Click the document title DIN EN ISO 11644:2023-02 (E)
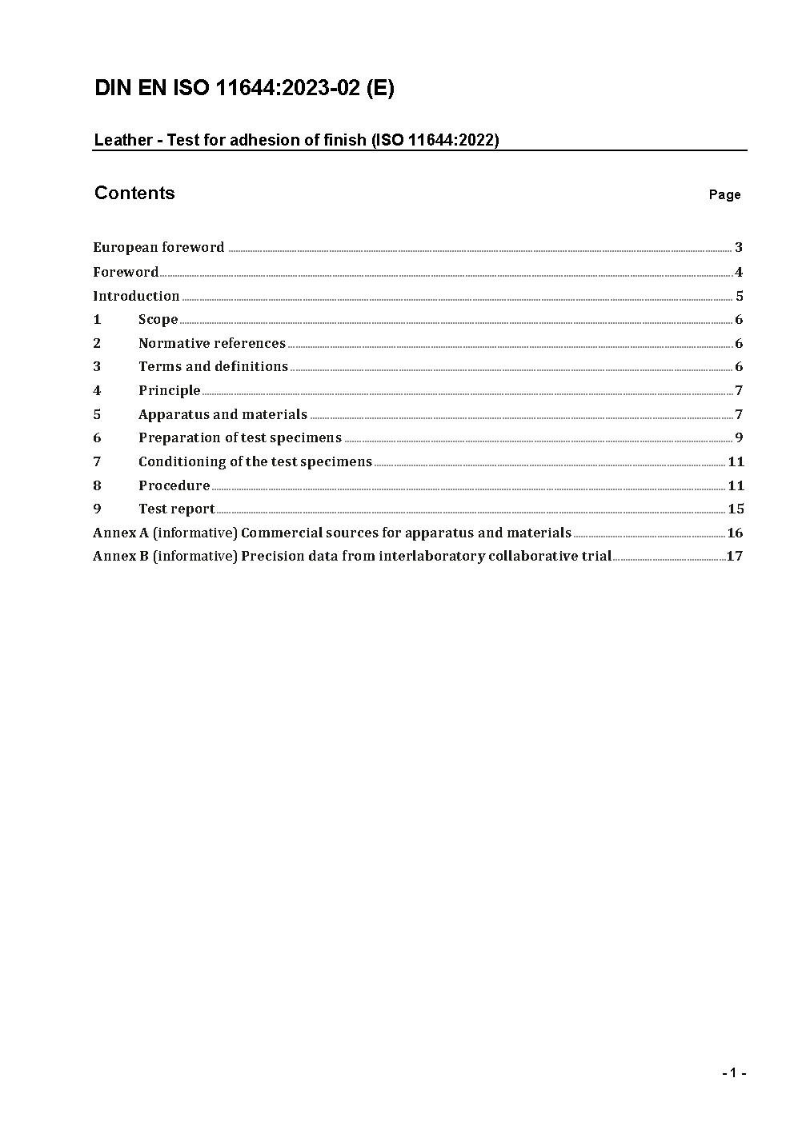pyautogui.click(x=244, y=89)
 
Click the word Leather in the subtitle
pyautogui.click(x=123, y=141)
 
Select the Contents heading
pyautogui.click(x=134, y=194)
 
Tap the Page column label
pyautogui.click(x=724, y=195)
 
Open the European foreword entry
pyautogui.click(x=158, y=248)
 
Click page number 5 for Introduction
pyautogui.click(x=740, y=296)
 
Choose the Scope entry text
pyautogui.click(x=158, y=320)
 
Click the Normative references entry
pyautogui.click(x=211, y=344)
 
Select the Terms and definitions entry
pyautogui.click(x=213, y=367)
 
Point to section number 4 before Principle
pyautogui.click(x=97, y=391)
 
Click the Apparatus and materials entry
pyautogui.click(x=223, y=415)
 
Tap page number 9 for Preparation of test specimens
pyautogui.click(x=739, y=437)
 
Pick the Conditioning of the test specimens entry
pyautogui.click(x=255, y=462)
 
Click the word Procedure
pyautogui.click(x=174, y=486)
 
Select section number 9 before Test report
pyautogui.click(x=97, y=509)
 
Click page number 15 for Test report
pyautogui.click(x=736, y=509)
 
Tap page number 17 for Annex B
pyautogui.click(x=734, y=557)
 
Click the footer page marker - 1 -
pyautogui.click(x=733, y=1073)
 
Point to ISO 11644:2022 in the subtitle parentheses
pyautogui.click(x=435, y=141)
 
